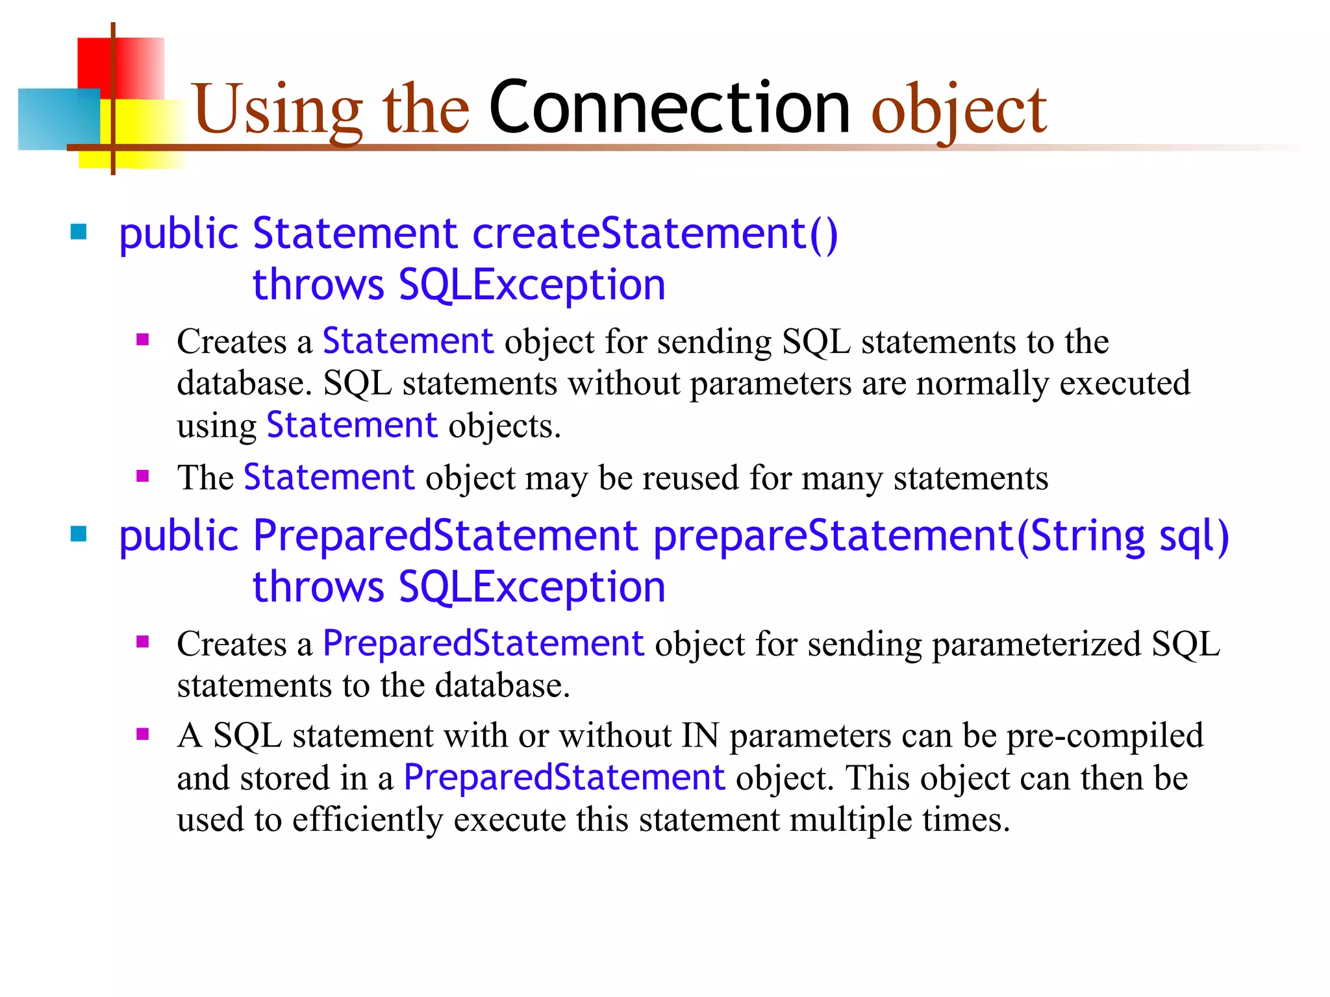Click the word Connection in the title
[669, 108]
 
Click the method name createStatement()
[655, 234]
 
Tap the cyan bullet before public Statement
[79, 232]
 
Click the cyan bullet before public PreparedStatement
[79, 534]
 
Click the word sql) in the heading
[1194, 537]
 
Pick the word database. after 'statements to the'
[503, 687]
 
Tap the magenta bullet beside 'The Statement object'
[143, 476]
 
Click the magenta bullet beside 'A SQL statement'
[143, 734]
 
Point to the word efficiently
[367, 820]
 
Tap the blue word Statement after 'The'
[329, 478]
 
